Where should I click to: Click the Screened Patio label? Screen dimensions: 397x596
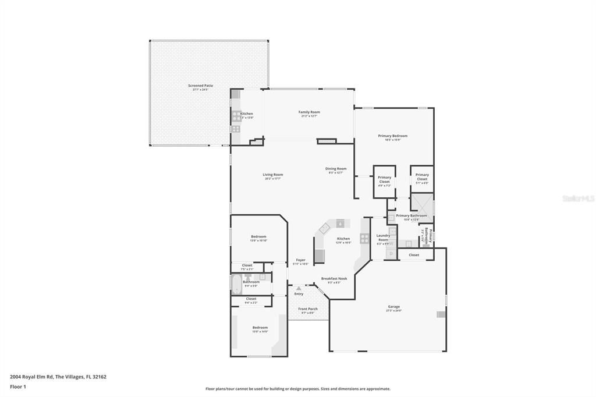pos(200,86)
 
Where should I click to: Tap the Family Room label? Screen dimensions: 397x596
pos(309,112)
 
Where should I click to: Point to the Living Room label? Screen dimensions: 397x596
pos(272,175)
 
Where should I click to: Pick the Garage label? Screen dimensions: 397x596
pos(394,306)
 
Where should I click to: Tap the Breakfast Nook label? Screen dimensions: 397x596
pos(334,278)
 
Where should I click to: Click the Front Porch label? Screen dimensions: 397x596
pos(308,309)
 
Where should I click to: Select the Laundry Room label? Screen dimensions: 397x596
pos(383,238)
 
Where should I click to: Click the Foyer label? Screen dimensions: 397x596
pos(300,260)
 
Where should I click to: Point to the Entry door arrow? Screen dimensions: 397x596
pos(299,288)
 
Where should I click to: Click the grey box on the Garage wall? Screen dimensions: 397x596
pos(441,314)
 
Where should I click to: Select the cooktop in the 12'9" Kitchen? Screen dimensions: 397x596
pos(364,238)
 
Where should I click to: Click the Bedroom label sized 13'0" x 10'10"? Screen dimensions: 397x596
pos(258,236)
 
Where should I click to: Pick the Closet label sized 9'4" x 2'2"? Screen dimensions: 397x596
pos(251,299)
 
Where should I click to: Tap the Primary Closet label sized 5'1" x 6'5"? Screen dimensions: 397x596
pos(422,175)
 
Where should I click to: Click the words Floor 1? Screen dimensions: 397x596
pos(19,387)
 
